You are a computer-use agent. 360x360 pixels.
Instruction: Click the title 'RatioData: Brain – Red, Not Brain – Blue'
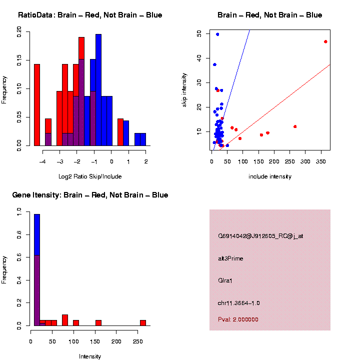90,15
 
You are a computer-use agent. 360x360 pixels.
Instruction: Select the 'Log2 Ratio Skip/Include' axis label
90,176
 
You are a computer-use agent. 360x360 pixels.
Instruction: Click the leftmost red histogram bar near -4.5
36,104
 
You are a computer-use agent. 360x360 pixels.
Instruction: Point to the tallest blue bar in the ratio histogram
98,90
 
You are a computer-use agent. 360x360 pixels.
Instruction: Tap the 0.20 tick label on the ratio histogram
19,32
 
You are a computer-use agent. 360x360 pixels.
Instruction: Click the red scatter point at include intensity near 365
325,41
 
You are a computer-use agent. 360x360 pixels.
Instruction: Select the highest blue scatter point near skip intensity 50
217,34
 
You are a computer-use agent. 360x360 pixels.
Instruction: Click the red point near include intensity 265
295,126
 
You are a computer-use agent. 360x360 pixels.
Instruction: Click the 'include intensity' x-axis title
270,176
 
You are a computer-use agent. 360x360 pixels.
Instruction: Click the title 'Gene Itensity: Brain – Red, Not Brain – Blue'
90,195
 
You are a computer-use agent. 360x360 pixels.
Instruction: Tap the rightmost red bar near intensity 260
143,322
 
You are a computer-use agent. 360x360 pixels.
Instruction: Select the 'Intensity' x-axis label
90,356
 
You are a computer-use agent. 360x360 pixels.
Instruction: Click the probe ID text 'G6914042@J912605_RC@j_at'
260,236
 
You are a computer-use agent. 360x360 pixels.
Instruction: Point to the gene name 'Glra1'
225,280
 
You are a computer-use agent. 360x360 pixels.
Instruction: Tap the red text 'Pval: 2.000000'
238,319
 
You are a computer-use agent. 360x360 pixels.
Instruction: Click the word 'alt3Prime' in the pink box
230,258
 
